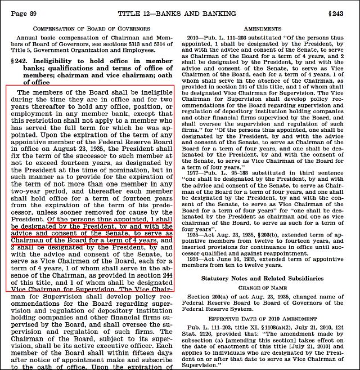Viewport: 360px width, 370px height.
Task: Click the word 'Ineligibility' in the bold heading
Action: coord(63,60)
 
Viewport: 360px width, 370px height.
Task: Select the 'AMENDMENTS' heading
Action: coord(267,28)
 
